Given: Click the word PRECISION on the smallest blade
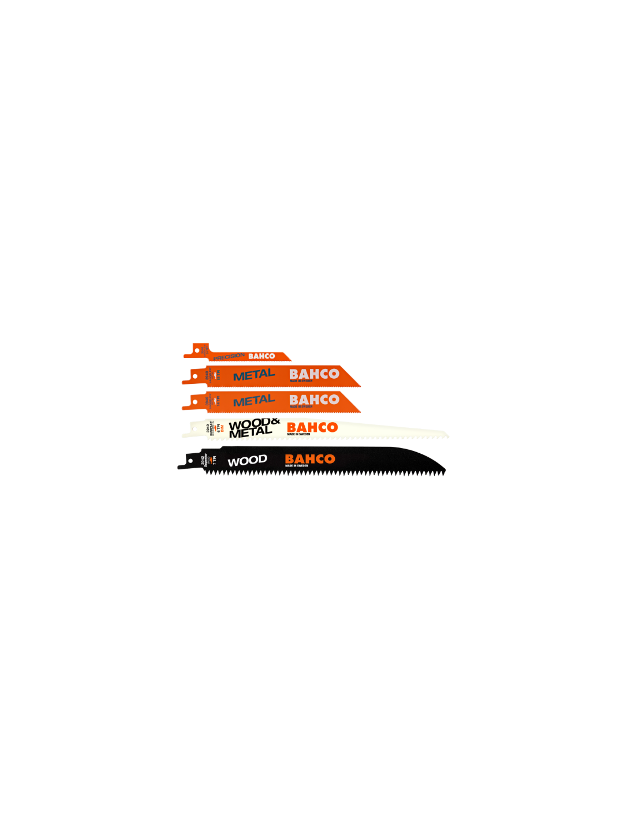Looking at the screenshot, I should (229, 357).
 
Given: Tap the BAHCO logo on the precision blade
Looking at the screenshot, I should (262, 356).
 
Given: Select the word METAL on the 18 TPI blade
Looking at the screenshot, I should (253, 375).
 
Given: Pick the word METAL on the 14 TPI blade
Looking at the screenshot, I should (253, 401).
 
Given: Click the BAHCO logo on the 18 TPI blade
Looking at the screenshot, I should (314, 374).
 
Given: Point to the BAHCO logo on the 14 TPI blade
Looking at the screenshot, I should (314, 399).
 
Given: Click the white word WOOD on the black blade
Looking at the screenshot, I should (247, 461).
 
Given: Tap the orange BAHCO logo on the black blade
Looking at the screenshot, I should (310, 458).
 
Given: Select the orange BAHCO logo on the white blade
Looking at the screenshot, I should (312, 427).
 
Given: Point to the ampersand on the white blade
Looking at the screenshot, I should (274, 421).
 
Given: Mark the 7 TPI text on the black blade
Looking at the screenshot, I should (214, 460).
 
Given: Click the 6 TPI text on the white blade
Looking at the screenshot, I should (218, 429).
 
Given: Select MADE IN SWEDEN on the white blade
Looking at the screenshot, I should (298, 434).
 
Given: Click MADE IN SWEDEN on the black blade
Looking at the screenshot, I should (297, 465).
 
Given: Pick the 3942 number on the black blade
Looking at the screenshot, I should (203, 460).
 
